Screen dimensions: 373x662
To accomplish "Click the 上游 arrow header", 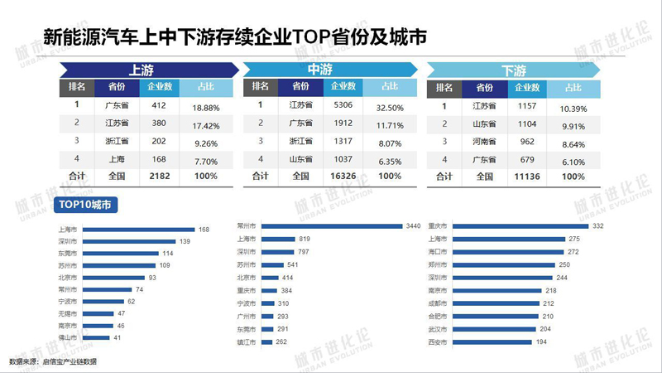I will click(x=141, y=70).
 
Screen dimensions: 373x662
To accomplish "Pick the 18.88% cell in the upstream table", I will click(x=205, y=106).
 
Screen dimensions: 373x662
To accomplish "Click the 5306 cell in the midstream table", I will click(x=343, y=105).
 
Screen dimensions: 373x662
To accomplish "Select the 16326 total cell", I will click(x=343, y=176).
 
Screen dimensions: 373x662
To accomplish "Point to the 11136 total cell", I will click(x=527, y=176).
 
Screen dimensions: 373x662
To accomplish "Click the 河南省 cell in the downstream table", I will click(x=484, y=141).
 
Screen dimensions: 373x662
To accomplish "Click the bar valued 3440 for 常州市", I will click(x=330, y=225).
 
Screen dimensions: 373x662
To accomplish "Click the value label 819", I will click(x=305, y=239).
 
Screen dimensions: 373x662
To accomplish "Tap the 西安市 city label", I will click(x=437, y=342).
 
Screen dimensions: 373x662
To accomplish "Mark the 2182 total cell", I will click(x=160, y=176).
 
